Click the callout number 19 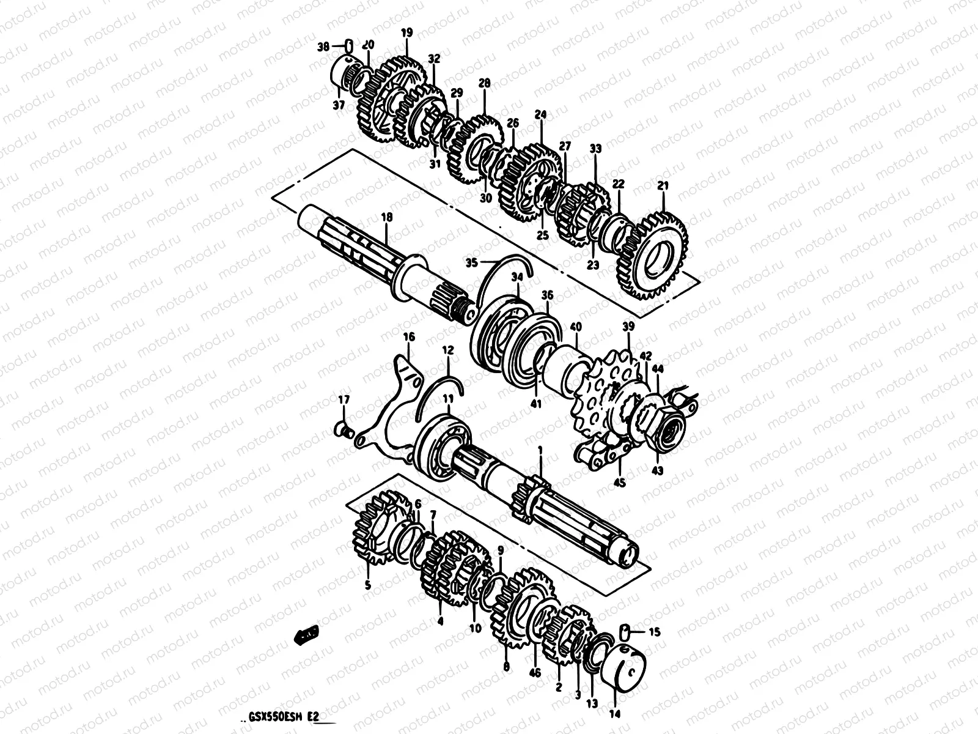pos(407,34)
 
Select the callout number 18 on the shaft pos(386,217)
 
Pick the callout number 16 pos(409,337)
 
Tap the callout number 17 pos(344,399)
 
